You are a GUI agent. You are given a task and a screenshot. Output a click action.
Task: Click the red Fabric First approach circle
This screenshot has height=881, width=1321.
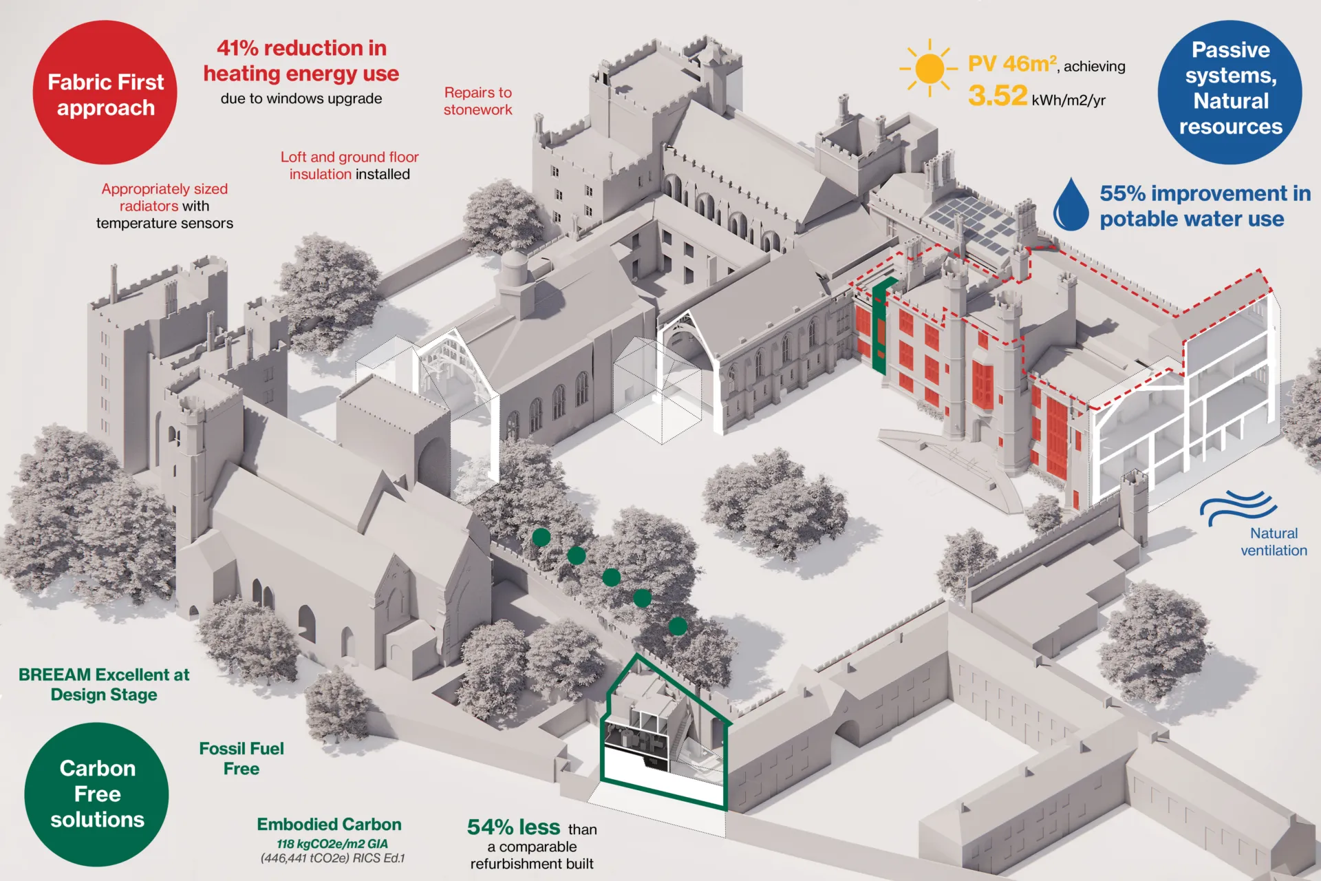pos(105,93)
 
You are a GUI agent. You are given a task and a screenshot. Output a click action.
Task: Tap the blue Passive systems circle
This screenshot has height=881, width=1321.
pos(1229,92)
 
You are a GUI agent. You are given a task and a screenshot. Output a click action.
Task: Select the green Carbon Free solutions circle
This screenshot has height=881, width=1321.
pos(96,794)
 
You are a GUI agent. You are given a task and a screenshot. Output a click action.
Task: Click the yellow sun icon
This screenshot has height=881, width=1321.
pos(929,68)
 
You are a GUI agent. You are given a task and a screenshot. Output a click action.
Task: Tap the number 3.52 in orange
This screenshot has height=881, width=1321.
pos(997,96)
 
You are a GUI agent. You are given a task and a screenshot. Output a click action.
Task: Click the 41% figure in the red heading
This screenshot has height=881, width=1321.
pos(237,48)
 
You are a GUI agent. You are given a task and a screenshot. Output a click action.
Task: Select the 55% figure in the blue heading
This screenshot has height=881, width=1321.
pos(1122,193)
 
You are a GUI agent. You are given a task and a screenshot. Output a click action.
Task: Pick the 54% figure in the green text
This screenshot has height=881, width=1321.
pos(490,827)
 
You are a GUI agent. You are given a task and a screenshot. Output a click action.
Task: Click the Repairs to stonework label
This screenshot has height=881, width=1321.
pos(477,101)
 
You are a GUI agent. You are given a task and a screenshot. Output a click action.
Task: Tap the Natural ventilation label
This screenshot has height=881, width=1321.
pos(1274,542)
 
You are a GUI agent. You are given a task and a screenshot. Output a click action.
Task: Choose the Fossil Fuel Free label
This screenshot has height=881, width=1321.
pos(241,758)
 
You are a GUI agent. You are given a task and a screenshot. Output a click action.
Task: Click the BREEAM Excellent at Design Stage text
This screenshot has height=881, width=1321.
pos(104,684)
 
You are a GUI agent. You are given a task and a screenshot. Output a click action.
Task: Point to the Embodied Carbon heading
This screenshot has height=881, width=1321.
pos(329,824)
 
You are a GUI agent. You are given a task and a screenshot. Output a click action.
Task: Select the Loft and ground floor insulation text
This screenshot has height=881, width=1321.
pos(350,165)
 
